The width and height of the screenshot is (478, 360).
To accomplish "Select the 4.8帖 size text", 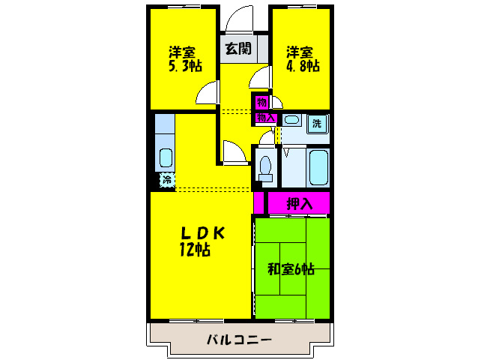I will [303, 66].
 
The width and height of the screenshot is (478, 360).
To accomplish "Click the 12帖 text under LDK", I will [193, 250].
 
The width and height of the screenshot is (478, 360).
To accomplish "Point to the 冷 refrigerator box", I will [165, 180].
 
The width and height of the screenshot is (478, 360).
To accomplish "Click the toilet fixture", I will [264, 166].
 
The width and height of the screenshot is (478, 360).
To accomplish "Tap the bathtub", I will [318, 166].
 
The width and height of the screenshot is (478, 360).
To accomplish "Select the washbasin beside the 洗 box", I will [292, 120].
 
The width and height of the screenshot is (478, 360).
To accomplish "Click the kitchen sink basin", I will [166, 157].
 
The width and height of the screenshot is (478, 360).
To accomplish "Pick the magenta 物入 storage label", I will [266, 118].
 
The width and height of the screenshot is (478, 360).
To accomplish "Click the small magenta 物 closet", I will [261, 101].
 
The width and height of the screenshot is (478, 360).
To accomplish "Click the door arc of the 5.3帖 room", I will [208, 94].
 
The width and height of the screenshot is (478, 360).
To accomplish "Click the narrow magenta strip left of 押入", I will [258, 202].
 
